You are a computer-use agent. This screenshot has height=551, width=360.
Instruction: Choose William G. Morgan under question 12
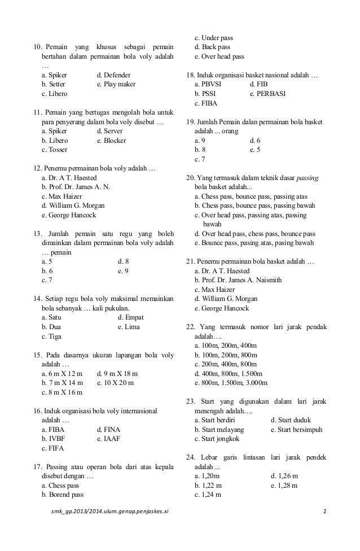click(x=73, y=205)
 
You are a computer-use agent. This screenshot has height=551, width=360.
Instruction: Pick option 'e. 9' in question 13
click(x=123, y=271)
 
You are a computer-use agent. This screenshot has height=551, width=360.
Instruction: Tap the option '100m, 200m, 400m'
click(x=225, y=346)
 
